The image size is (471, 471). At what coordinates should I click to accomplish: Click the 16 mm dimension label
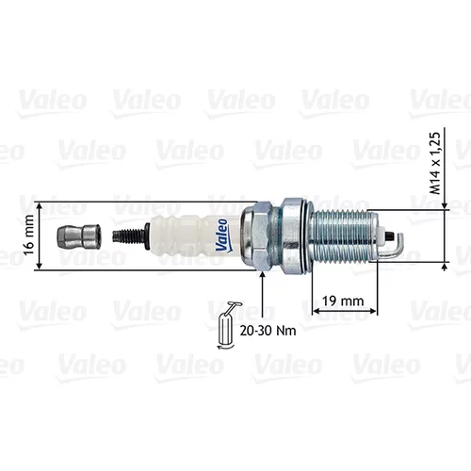29,235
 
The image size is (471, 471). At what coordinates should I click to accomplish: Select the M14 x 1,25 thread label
435,163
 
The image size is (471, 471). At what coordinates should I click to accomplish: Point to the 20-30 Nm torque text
268,331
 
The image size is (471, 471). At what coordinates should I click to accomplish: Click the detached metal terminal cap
78,237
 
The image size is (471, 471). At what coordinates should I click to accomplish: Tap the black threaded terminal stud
129,236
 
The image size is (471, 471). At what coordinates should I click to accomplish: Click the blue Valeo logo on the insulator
222,235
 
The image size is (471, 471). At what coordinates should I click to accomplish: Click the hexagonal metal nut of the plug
256,235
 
